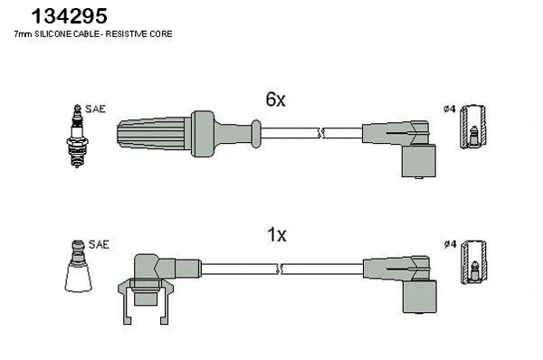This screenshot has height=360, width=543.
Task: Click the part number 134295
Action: (70, 15)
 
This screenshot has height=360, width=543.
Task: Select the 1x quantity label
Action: (276, 235)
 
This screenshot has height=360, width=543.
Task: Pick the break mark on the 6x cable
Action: (322, 133)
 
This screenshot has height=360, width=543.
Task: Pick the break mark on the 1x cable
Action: (282, 268)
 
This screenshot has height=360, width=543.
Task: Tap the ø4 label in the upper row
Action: (449, 109)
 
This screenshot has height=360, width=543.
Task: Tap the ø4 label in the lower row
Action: (449, 244)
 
